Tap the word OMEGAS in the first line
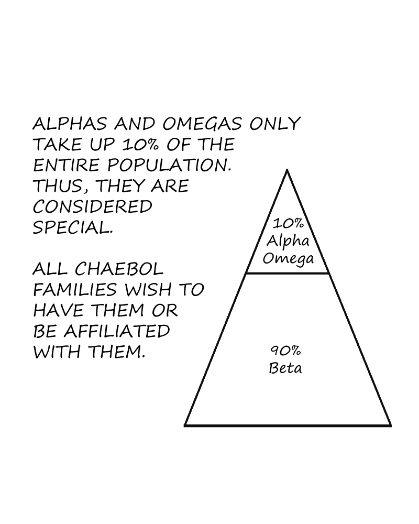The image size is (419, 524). point(201,124)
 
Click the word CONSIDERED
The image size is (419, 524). point(92,206)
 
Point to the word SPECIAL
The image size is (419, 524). point(72,227)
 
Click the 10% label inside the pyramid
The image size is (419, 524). point(287,224)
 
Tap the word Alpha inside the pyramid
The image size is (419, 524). point(288,241)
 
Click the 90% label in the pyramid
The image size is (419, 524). point(285,350)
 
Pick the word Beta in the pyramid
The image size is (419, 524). point(285,368)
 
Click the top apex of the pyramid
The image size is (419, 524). point(287,170)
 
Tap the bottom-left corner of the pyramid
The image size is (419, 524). point(185,425)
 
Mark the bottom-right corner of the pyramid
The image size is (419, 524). point(390,425)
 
